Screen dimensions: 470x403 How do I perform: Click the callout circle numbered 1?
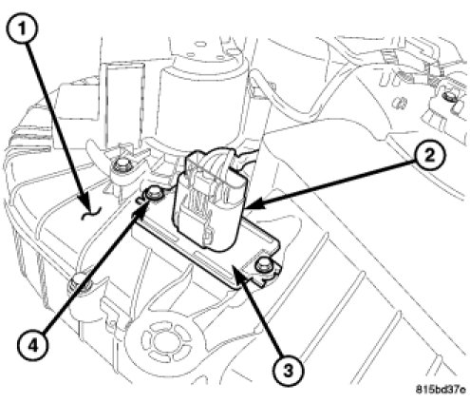pos(22,29)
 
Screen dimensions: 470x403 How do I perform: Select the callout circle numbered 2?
pos(429,156)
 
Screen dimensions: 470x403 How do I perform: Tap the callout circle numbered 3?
pos(288,370)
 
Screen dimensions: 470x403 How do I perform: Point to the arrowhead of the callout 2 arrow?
pos(254,204)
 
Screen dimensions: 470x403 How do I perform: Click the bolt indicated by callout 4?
pos(153,192)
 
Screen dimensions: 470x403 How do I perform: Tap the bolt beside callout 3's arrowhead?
pos(264,265)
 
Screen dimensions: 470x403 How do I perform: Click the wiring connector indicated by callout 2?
pos(208,202)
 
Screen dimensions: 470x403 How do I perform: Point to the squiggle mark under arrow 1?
pos(91,213)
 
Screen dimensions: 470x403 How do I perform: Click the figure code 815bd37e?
pos(441,389)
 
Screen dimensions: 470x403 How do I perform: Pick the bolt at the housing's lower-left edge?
pos(78,281)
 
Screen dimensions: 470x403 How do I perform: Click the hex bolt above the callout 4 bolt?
pos(121,164)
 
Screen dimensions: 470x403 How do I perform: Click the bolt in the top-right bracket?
pos(448,97)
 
